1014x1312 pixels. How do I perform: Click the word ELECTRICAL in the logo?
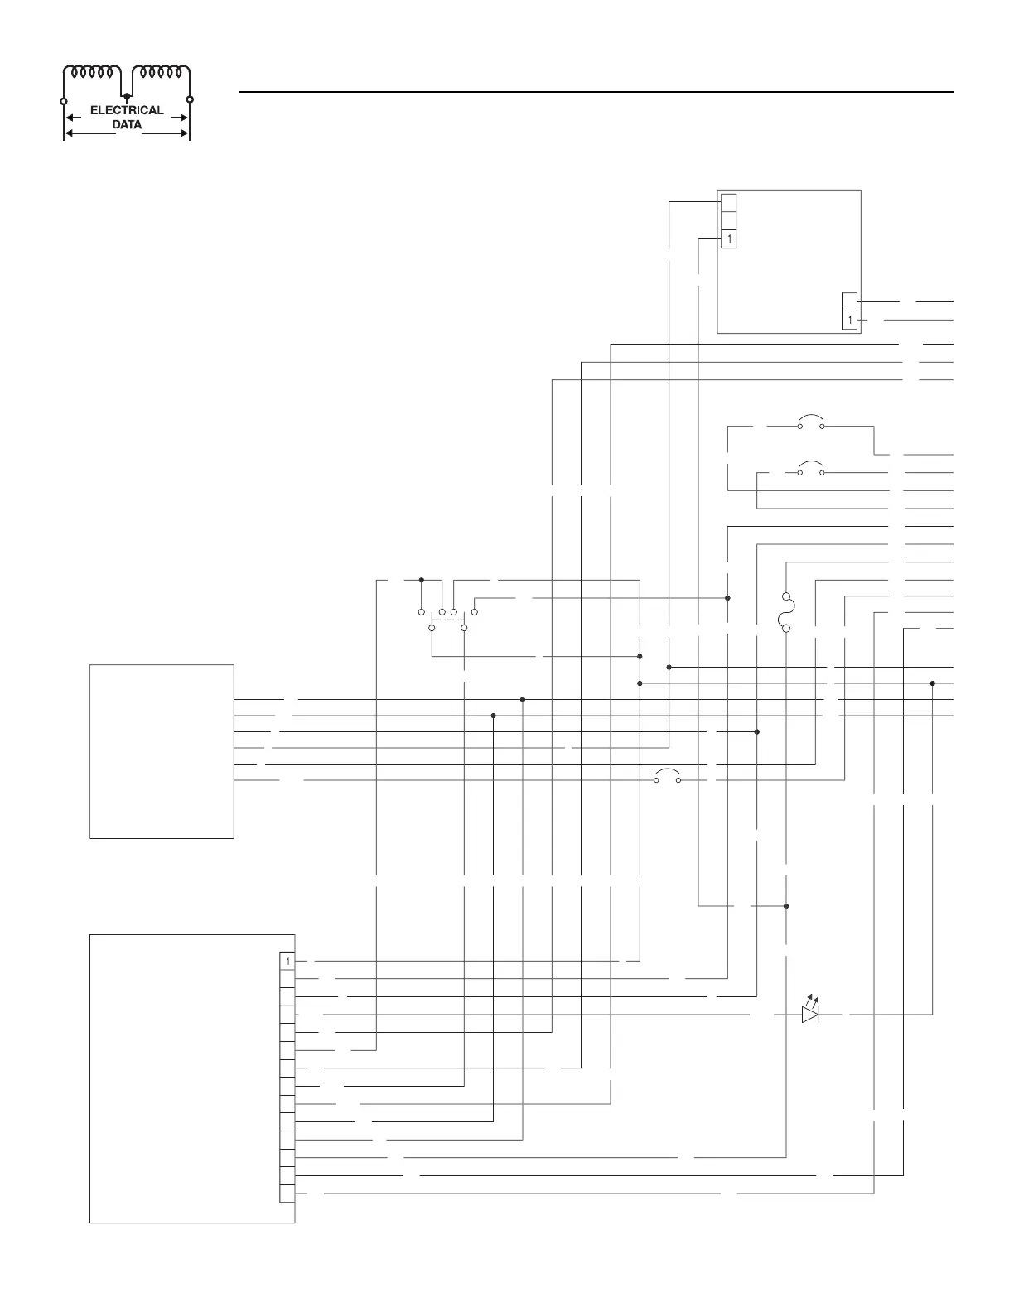(127, 110)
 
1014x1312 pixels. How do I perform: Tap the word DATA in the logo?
(127, 125)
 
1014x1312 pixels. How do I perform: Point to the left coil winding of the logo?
(93, 72)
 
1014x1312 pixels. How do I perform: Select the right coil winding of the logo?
(162, 72)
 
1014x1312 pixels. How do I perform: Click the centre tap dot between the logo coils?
(127, 97)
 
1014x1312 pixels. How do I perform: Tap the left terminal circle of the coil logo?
(64, 100)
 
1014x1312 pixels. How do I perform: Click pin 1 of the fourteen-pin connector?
(287, 961)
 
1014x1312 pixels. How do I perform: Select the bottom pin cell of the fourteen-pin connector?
(287, 1194)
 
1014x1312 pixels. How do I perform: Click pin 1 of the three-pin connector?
(728, 239)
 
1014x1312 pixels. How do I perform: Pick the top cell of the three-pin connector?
(728, 202)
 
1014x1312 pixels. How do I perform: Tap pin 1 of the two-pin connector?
(849, 320)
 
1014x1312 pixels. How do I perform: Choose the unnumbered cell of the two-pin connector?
(849, 301)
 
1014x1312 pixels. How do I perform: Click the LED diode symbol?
(810, 1013)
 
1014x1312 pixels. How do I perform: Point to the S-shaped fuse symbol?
(786, 612)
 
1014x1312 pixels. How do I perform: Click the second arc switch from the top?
(810, 468)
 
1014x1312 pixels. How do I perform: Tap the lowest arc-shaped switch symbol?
(667, 776)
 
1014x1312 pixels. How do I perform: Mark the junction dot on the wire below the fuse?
(786, 906)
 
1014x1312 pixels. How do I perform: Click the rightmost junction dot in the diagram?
(933, 683)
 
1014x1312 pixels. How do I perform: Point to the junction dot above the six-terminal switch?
(422, 580)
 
